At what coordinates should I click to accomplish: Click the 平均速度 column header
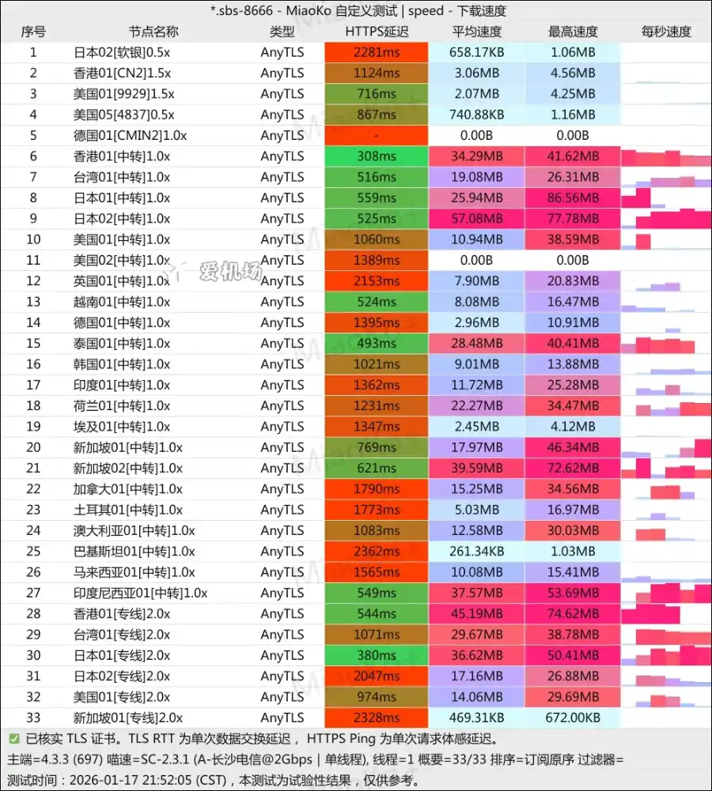476,32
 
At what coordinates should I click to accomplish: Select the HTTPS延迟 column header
377,32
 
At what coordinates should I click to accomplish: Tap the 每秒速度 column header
666,32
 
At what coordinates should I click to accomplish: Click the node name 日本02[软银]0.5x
121,52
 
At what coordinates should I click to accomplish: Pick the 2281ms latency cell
377,52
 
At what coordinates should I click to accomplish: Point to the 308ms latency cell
377,156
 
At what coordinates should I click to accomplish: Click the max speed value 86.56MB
573,198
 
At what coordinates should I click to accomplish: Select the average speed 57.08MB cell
476,219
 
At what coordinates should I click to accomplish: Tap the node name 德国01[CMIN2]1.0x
130,135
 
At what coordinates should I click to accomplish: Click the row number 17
33,385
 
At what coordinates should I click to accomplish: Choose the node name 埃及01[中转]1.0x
121,427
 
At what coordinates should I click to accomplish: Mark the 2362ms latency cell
377,552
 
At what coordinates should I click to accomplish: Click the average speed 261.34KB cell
476,552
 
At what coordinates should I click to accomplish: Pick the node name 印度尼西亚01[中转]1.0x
140,593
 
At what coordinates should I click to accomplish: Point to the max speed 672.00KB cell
573,718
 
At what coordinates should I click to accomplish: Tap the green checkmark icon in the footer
13,740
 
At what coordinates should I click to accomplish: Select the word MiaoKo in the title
316,11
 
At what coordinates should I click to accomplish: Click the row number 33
33,718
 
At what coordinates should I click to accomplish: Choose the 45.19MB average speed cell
476,614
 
